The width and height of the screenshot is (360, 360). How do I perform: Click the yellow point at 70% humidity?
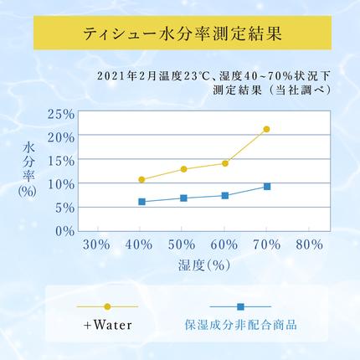(x=267, y=129)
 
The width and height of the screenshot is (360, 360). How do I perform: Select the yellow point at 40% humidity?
(x=141, y=180)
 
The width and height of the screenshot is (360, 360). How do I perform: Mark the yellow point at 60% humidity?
(x=225, y=163)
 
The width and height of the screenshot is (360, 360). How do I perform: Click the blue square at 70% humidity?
(x=267, y=186)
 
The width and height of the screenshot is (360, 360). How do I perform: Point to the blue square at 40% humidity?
(x=141, y=202)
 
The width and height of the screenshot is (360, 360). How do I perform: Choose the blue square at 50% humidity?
(x=183, y=198)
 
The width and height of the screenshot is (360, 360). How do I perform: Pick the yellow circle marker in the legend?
(x=107, y=306)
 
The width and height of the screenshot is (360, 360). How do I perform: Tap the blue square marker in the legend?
(x=240, y=306)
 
